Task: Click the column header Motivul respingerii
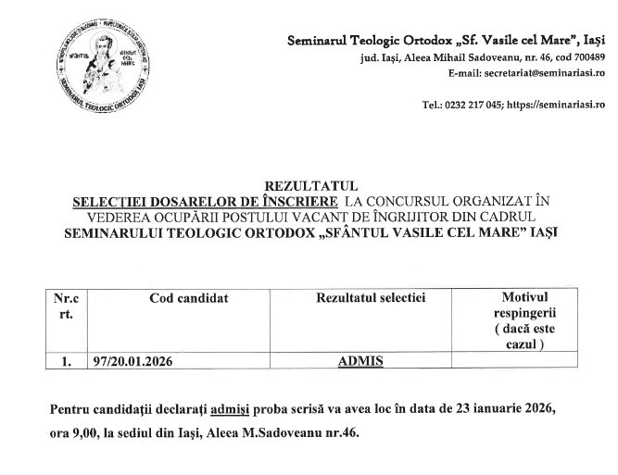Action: [x=524, y=314]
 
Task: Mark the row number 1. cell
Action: [x=66, y=362]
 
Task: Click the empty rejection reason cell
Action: [x=524, y=362]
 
